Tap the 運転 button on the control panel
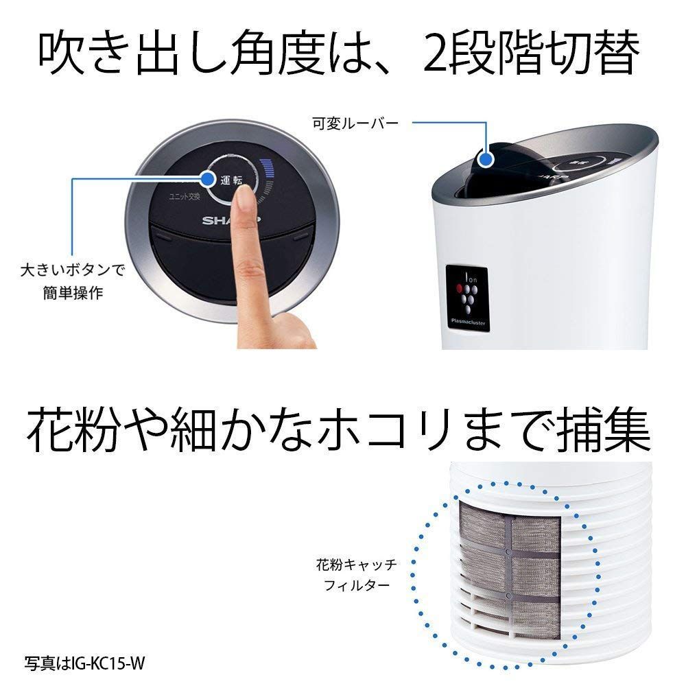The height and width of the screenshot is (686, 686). pos(231,180)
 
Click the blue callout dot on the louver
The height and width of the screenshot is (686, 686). pos(486,159)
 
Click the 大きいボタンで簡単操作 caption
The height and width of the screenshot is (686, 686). pos(72,281)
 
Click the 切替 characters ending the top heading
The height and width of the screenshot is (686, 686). pos(593,54)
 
